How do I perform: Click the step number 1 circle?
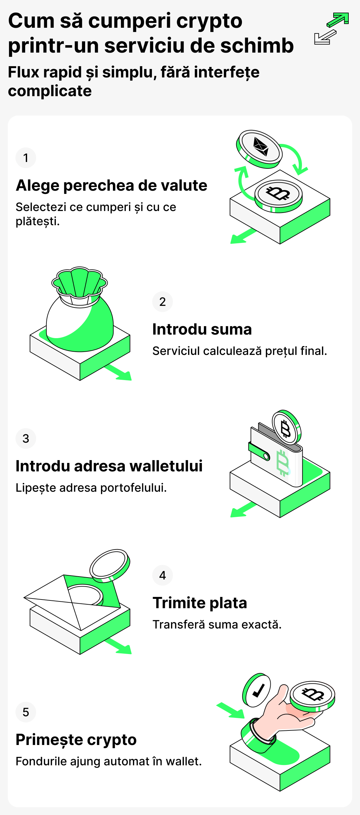25,158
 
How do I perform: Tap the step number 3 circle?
25,438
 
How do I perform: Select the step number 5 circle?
25,712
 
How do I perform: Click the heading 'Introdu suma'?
202,329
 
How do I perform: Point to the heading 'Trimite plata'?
200,603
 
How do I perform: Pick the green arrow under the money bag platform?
120,373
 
